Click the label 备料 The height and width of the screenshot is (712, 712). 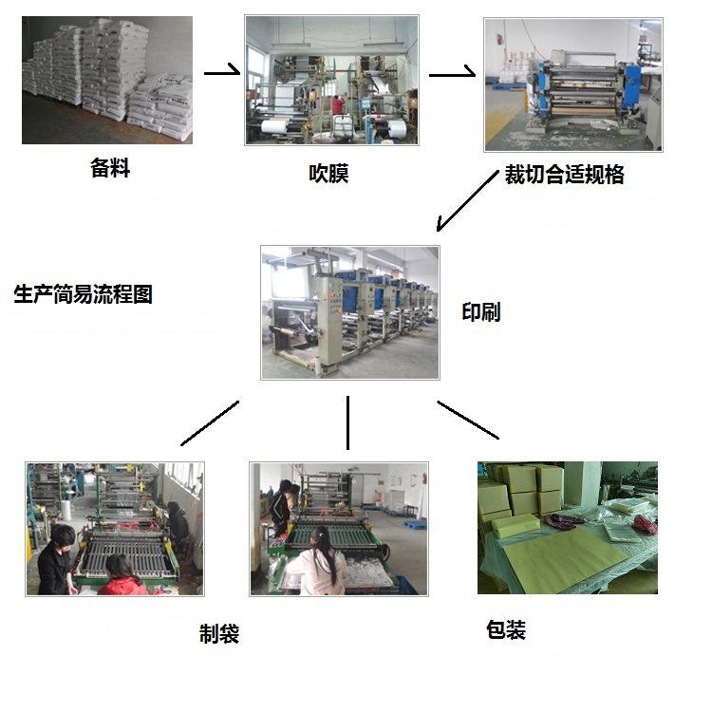[x=110, y=169]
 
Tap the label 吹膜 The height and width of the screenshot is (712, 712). [x=328, y=174]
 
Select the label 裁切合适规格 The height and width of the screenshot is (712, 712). [x=565, y=175]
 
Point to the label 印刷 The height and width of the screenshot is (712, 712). [x=480, y=312]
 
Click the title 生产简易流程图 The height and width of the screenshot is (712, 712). [x=84, y=293]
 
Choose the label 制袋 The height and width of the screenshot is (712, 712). [x=219, y=634]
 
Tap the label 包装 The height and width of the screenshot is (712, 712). [x=505, y=629]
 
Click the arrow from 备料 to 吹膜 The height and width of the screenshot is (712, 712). [x=222, y=72]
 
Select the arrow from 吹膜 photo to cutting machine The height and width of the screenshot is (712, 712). [x=452, y=72]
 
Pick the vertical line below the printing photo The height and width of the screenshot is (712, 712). [x=348, y=422]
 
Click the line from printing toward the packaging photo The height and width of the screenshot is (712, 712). [x=467, y=419]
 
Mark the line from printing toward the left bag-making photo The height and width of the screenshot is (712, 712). [x=210, y=422]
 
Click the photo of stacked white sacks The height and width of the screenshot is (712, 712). [x=107, y=81]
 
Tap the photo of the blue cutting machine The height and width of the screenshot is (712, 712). [x=572, y=84]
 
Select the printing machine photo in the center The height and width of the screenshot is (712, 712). [x=350, y=312]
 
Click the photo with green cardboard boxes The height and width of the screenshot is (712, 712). [x=567, y=528]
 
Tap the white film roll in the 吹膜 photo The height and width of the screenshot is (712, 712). [x=275, y=126]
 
